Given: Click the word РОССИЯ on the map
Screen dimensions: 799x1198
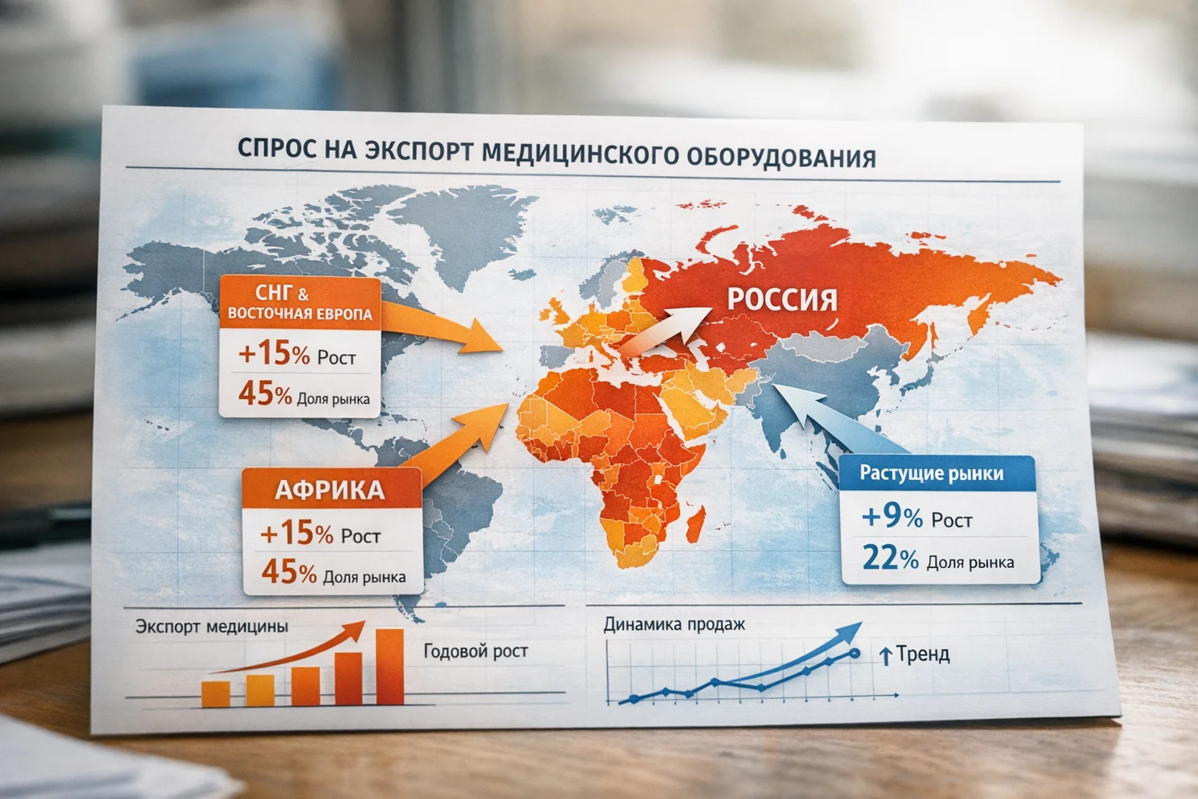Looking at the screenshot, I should [782, 299].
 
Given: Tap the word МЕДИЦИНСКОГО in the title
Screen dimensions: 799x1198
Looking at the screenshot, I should [580, 153].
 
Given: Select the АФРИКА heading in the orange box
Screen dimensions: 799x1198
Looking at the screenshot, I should [330, 489].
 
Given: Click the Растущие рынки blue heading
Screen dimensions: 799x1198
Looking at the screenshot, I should [931, 473].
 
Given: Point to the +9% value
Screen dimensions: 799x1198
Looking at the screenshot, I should [892, 516].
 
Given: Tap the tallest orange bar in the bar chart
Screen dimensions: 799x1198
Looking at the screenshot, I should [390, 667].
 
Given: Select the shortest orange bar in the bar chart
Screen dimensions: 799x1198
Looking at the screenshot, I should [215, 694].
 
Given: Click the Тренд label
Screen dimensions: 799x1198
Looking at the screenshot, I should [922, 654].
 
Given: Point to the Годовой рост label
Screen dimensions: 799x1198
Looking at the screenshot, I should [475, 651].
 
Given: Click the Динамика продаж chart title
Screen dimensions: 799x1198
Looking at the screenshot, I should [674, 624].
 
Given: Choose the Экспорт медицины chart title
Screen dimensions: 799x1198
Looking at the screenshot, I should [211, 627].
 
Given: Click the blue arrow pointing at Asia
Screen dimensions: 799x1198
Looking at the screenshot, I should [835, 421].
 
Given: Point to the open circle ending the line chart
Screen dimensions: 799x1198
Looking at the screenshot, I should [855, 653].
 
